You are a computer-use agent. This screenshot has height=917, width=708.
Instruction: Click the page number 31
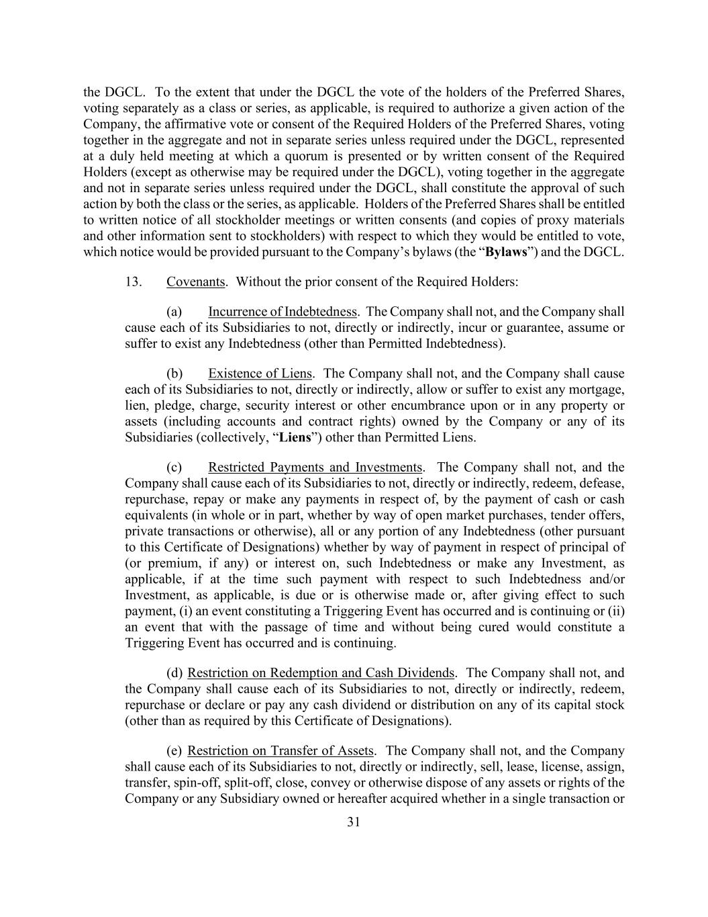(x=354, y=822)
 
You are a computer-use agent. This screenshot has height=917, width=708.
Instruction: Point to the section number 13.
(x=133, y=282)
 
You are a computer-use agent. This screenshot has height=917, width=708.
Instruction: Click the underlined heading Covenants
(x=195, y=282)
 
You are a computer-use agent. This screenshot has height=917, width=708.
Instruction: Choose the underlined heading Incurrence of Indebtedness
(x=283, y=312)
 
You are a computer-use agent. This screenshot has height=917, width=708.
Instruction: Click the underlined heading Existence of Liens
(x=260, y=374)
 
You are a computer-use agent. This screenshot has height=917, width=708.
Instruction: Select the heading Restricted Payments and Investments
(x=315, y=468)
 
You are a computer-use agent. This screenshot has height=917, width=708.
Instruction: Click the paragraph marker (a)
(x=174, y=312)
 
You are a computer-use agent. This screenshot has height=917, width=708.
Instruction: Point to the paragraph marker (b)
(x=174, y=374)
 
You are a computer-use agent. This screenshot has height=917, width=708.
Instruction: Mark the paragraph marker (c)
(x=174, y=468)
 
